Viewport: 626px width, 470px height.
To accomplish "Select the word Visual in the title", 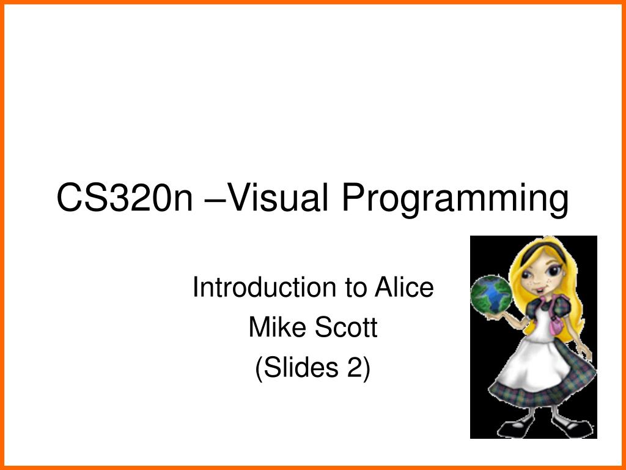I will click(270, 198).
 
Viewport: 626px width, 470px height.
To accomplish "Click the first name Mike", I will click(272, 328).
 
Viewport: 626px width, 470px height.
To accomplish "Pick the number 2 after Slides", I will click(358, 368).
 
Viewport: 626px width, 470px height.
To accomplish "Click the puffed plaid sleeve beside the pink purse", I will click(565, 306).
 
